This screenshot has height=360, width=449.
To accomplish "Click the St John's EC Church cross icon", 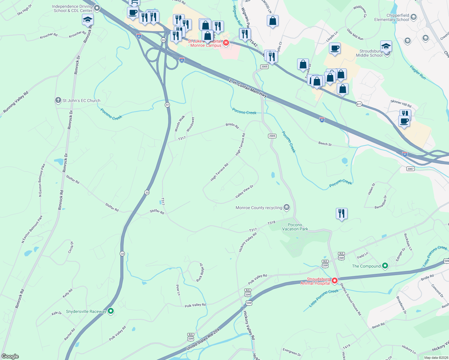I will [x=58, y=100].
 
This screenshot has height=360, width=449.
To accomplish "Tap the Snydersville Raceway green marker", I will [x=111, y=311].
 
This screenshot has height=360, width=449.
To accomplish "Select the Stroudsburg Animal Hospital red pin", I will [x=335, y=280].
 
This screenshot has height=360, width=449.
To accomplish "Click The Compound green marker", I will [x=385, y=265].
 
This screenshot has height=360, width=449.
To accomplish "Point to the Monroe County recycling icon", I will [x=287, y=207].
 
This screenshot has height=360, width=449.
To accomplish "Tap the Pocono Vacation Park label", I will [x=295, y=227].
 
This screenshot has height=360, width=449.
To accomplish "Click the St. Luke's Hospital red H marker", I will [x=226, y=43].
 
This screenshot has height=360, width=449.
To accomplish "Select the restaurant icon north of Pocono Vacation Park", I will [x=342, y=214].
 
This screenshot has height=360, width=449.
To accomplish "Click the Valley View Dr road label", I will [x=244, y=191].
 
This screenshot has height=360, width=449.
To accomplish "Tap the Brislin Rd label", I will [x=232, y=126].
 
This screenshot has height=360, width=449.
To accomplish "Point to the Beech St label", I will [x=325, y=144].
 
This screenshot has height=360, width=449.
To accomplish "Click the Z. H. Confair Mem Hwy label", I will [x=248, y=88].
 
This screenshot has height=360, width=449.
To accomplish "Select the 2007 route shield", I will [x=411, y=169].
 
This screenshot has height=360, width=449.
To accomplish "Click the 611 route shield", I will [x=359, y=104].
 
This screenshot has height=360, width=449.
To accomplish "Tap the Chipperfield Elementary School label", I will [x=391, y=17].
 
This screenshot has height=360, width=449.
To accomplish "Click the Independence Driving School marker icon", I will [x=97, y=8].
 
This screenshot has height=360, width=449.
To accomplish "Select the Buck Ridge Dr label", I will [x=200, y=272].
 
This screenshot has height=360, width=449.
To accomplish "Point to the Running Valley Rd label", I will [x=16, y=102].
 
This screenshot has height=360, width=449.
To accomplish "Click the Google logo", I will [x=10, y=356].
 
